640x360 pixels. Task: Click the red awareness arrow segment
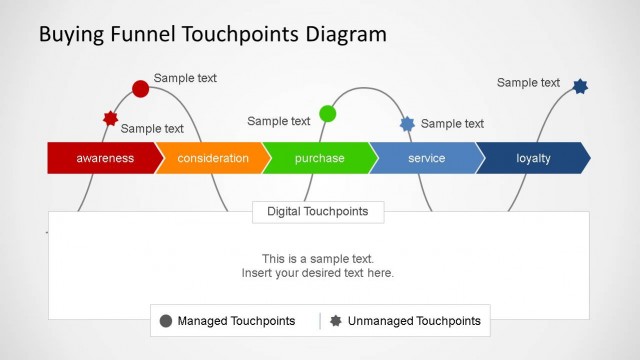pyautogui.click(x=104, y=158)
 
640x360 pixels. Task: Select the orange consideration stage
pyautogui.click(x=212, y=158)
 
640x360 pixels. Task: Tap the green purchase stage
pyautogui.click(x=319, y=158)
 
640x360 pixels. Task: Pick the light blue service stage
pyautogui.click(x=426, y=158)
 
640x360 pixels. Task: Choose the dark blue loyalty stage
pyautogui.click(x=533, y=158)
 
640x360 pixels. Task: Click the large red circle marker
pyautogui.click(x=141, y=89)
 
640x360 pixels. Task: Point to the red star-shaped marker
pyautogui.click(x=111, y=119)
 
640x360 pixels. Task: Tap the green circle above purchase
pyautogui.click(x=327, y=114)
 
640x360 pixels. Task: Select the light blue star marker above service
pyautogui.click(x=407, y=124)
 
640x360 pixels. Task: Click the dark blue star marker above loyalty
pyautogui.click(x=580, y=87)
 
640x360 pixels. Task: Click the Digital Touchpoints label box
pyautogui.click(x=317, y=211)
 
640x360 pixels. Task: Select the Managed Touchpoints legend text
pyautogui.click(x=236, y=321)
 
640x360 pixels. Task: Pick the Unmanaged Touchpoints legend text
pyautogui.click(x=414, y=321)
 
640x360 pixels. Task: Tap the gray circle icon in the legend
pyautogui.click(x=166, y=321)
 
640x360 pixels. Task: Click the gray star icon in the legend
pyautogui.click(x=336, y=321)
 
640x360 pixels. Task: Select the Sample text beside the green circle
pyautogui.click(x=279, y=121)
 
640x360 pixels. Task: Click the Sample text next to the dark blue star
pyautogui.click(x=528, y=83)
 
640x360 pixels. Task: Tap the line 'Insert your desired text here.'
pyautogui.click(x=318, y=273)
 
